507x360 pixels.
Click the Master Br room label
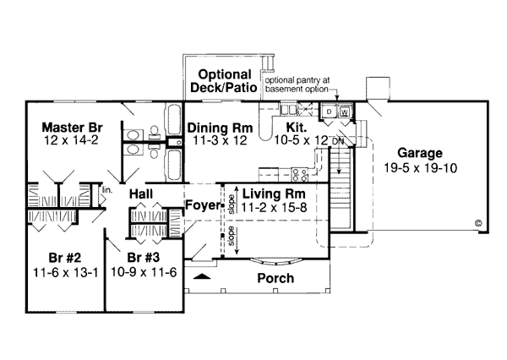pos(72,128)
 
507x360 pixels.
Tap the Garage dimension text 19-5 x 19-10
pos(420,168)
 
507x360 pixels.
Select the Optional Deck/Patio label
pos(224,81)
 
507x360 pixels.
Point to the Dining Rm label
pos(220,128)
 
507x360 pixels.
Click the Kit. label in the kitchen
pos(297,128)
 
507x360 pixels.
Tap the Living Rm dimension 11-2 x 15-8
pos(274,207)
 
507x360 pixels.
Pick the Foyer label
pos(203,205)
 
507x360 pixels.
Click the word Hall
pos(141,194)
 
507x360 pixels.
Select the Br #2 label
pos(65,258)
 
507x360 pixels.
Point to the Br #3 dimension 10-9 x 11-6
pos(144,272)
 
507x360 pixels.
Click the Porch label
pos(275,278)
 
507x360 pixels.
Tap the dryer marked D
pos(329,112)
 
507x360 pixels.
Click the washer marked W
pos(345,112)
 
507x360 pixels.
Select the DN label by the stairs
pos(338,141)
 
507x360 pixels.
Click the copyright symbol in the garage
pos(478,223)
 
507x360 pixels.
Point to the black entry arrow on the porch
pos(202,276)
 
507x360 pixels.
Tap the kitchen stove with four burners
pos(300,175)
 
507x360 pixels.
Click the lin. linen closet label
pos(107,190)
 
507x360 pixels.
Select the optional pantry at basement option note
pos(297,85)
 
